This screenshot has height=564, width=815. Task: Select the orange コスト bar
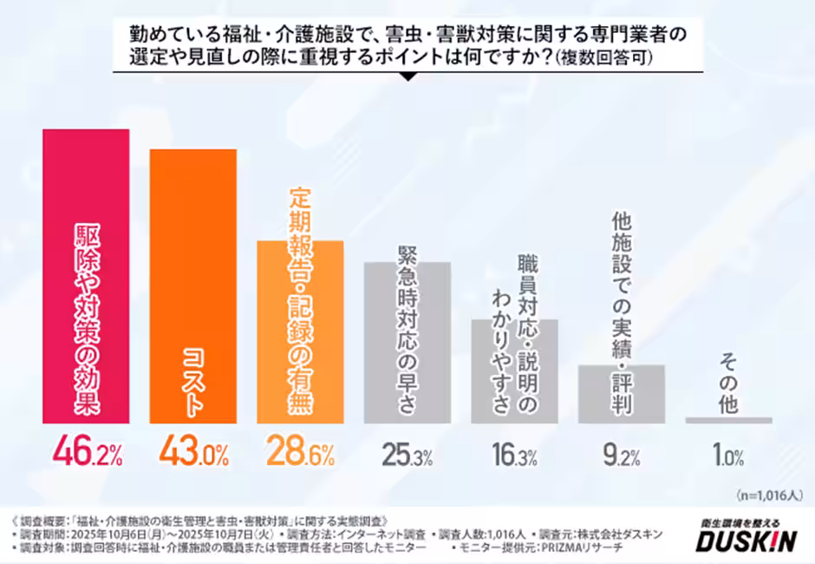[193, 286]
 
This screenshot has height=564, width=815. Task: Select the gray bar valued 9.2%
[621, 394]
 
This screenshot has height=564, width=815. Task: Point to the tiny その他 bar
[728, 420]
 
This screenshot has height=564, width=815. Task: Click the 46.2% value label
[86, 452]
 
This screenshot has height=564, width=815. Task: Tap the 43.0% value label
[193, 452]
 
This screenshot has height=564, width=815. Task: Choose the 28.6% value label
[301, 452]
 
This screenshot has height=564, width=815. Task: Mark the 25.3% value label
[407, 453]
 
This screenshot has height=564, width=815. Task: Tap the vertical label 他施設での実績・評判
[621, 312]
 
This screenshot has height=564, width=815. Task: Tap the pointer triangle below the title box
[407, 77]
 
